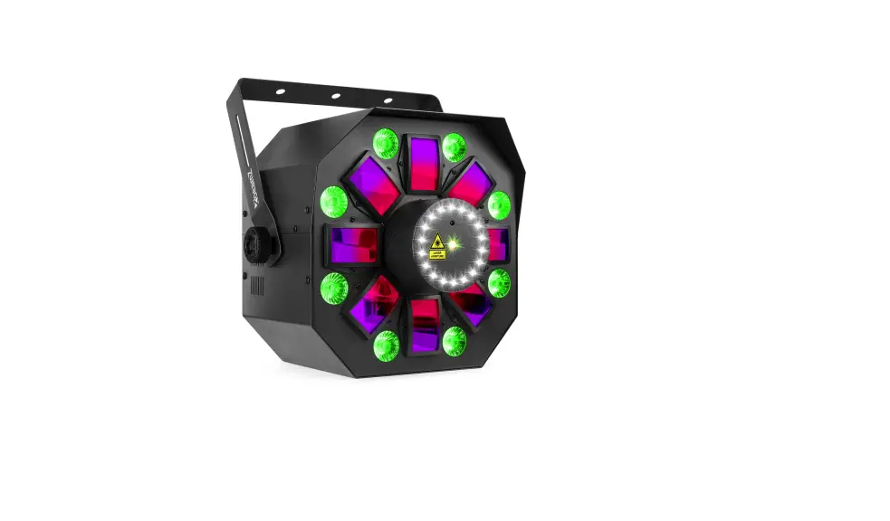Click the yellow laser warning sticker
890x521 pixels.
pos(437,246)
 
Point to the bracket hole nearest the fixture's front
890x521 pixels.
pos(388,100)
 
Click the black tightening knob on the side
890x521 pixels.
pos(249,244)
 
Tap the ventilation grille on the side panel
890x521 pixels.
pos(257,286)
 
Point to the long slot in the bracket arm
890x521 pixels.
pos(242,136)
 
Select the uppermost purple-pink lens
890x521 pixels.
pos(423,164)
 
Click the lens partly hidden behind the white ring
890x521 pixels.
pos(498,244)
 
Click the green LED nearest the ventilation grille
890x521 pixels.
pos(333,289)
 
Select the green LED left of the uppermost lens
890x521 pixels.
pos(386,143)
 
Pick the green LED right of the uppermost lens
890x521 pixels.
pos(454,147)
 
